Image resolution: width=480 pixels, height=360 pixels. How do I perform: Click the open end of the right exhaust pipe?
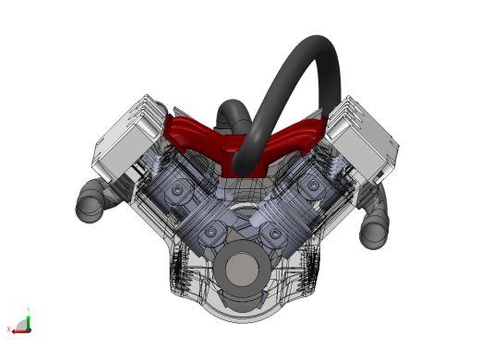(x=373, y=232)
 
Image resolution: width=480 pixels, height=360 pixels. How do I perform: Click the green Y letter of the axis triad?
(x=30, y=310)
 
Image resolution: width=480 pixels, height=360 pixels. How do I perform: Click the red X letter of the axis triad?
(x=8, y=330)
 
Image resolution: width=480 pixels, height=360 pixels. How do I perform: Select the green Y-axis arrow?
(x=30, y=318)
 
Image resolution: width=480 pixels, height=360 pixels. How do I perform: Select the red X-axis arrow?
(x=18, y=329)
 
